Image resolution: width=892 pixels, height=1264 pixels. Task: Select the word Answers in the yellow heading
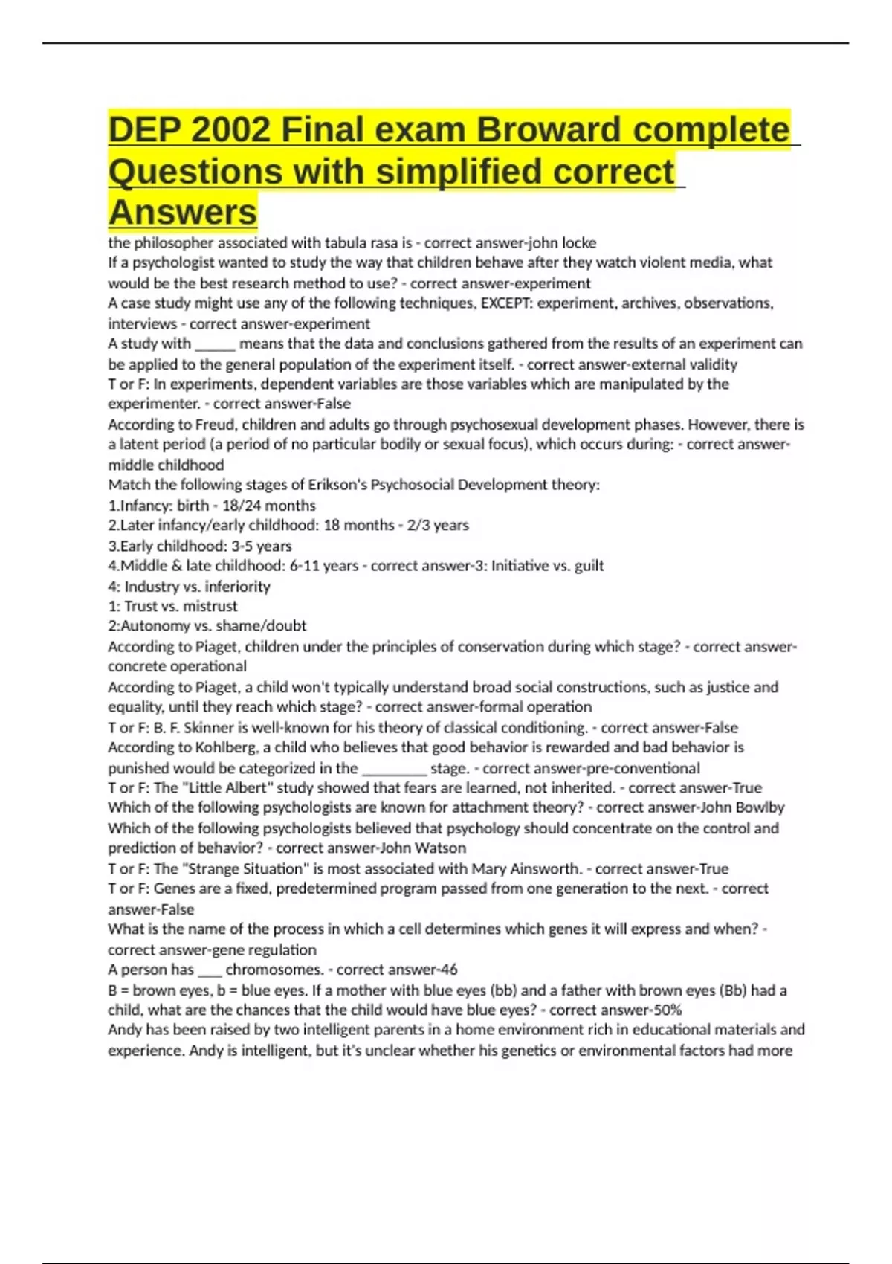click(x=183, y=213)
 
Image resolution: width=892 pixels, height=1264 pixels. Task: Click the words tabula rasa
click(x=360, y=242)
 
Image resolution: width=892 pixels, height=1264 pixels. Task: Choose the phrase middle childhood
click(x=166, y=465)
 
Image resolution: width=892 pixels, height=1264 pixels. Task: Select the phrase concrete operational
click(x=177, y=666)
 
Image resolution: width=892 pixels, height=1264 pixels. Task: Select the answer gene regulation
click(x=265, y=949)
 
